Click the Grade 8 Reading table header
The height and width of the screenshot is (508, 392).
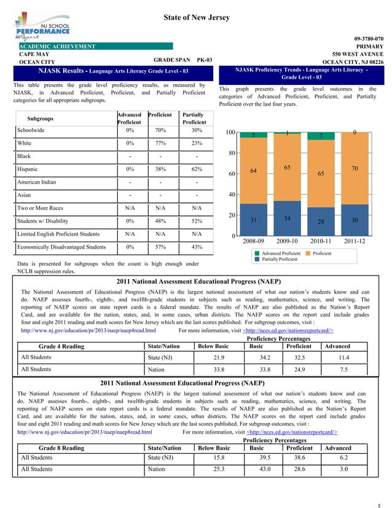61,448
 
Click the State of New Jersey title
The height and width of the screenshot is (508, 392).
196,18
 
